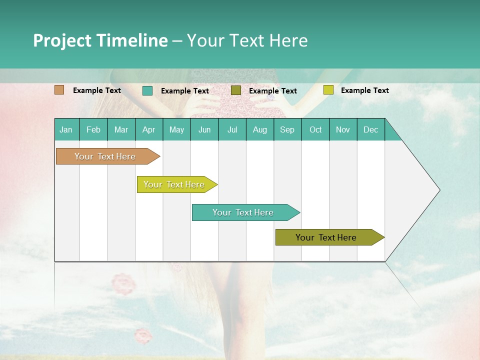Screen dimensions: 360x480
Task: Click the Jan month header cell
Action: click(66, 129)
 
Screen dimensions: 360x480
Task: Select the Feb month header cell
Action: click(93, 129)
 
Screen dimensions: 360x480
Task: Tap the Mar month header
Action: click(121, 129)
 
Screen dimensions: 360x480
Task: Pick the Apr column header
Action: click(149, 129)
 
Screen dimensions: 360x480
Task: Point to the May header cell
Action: click(176, 129)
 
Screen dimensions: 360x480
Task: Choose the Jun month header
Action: click(204, 129)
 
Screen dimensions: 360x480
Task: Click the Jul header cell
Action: click(232, 129)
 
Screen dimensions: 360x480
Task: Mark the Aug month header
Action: click(260, 129)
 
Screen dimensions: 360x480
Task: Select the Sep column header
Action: click(287, 129)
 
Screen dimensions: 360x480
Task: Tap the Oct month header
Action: click(315, 129)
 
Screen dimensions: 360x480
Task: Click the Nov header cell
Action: click(343, 129)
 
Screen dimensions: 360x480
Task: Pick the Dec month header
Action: click(371, 129)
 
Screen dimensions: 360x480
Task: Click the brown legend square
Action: click(59, 90)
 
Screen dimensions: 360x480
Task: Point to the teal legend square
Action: click(147, 90)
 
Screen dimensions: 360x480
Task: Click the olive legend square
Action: click(236, 90)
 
